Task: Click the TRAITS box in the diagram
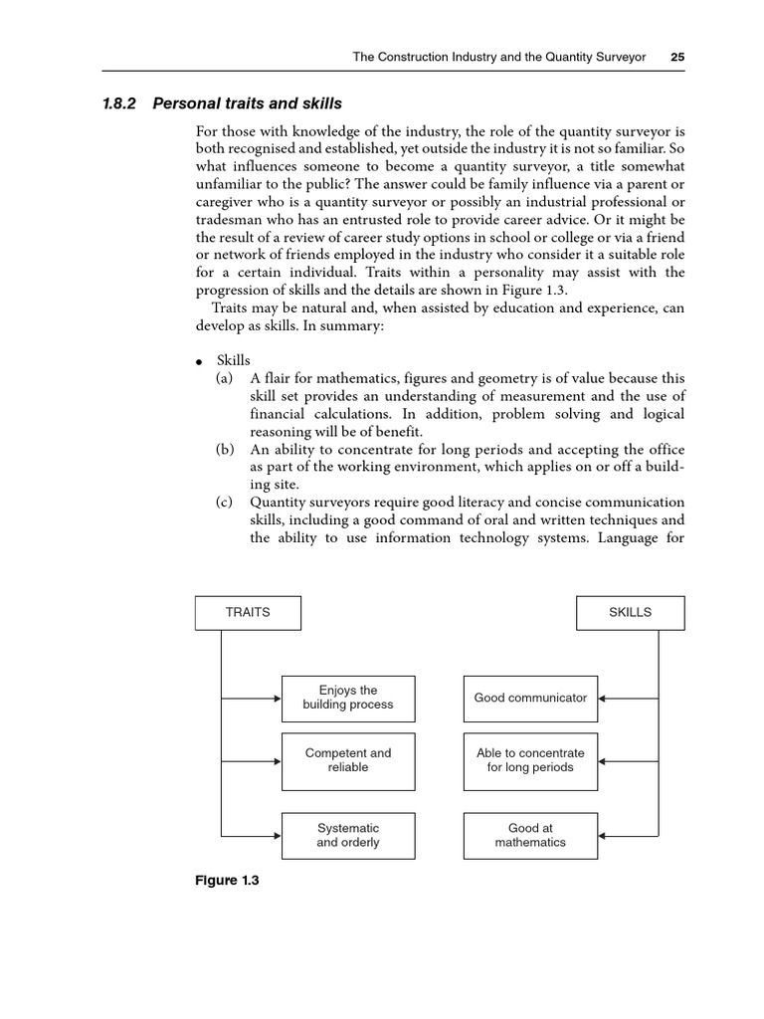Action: [x=248, y=612]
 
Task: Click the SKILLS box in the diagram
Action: [x=630, y=612]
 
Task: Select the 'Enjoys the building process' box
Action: [x=348, y=698]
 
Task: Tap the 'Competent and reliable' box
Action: [x=348, y=761]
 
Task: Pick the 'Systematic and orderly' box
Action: [x=348, y=835]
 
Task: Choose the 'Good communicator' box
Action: [x=530, y=698]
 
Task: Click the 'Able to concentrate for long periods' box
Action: [x=530, y=761]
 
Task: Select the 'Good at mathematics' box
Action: [x=530, y=835]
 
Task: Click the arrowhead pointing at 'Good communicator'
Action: [x=603, y=698]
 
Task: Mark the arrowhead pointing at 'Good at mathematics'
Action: [x=603, y=835]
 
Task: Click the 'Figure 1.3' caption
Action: [x=227, y=881]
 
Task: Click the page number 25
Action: [x=677, y=58]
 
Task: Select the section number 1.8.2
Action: [x=124, y=103]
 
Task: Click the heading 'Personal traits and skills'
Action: [x=247, y=103]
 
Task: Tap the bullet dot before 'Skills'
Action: [x=199, y=361]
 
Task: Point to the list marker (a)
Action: [x=225, y=378]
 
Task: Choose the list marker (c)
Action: [x=225, y=503]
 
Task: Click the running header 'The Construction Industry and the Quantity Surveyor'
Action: [x=499, y=58]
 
